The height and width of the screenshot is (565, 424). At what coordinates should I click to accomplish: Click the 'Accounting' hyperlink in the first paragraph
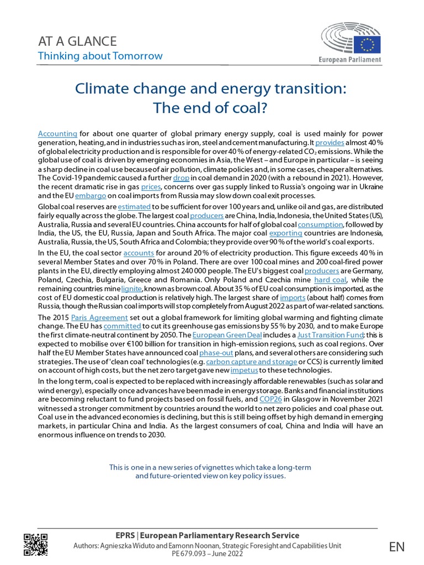57,134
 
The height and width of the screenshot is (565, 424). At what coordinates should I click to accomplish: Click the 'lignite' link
131,289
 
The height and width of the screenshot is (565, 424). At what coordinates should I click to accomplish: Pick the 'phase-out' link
214,353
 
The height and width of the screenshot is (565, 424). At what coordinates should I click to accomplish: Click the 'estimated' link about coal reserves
134,206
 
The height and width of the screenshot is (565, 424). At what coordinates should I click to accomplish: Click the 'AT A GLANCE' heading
77,41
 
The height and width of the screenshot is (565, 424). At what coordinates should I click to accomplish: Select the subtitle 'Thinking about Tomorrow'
100,56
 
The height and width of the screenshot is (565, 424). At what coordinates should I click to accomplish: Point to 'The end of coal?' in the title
210,109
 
